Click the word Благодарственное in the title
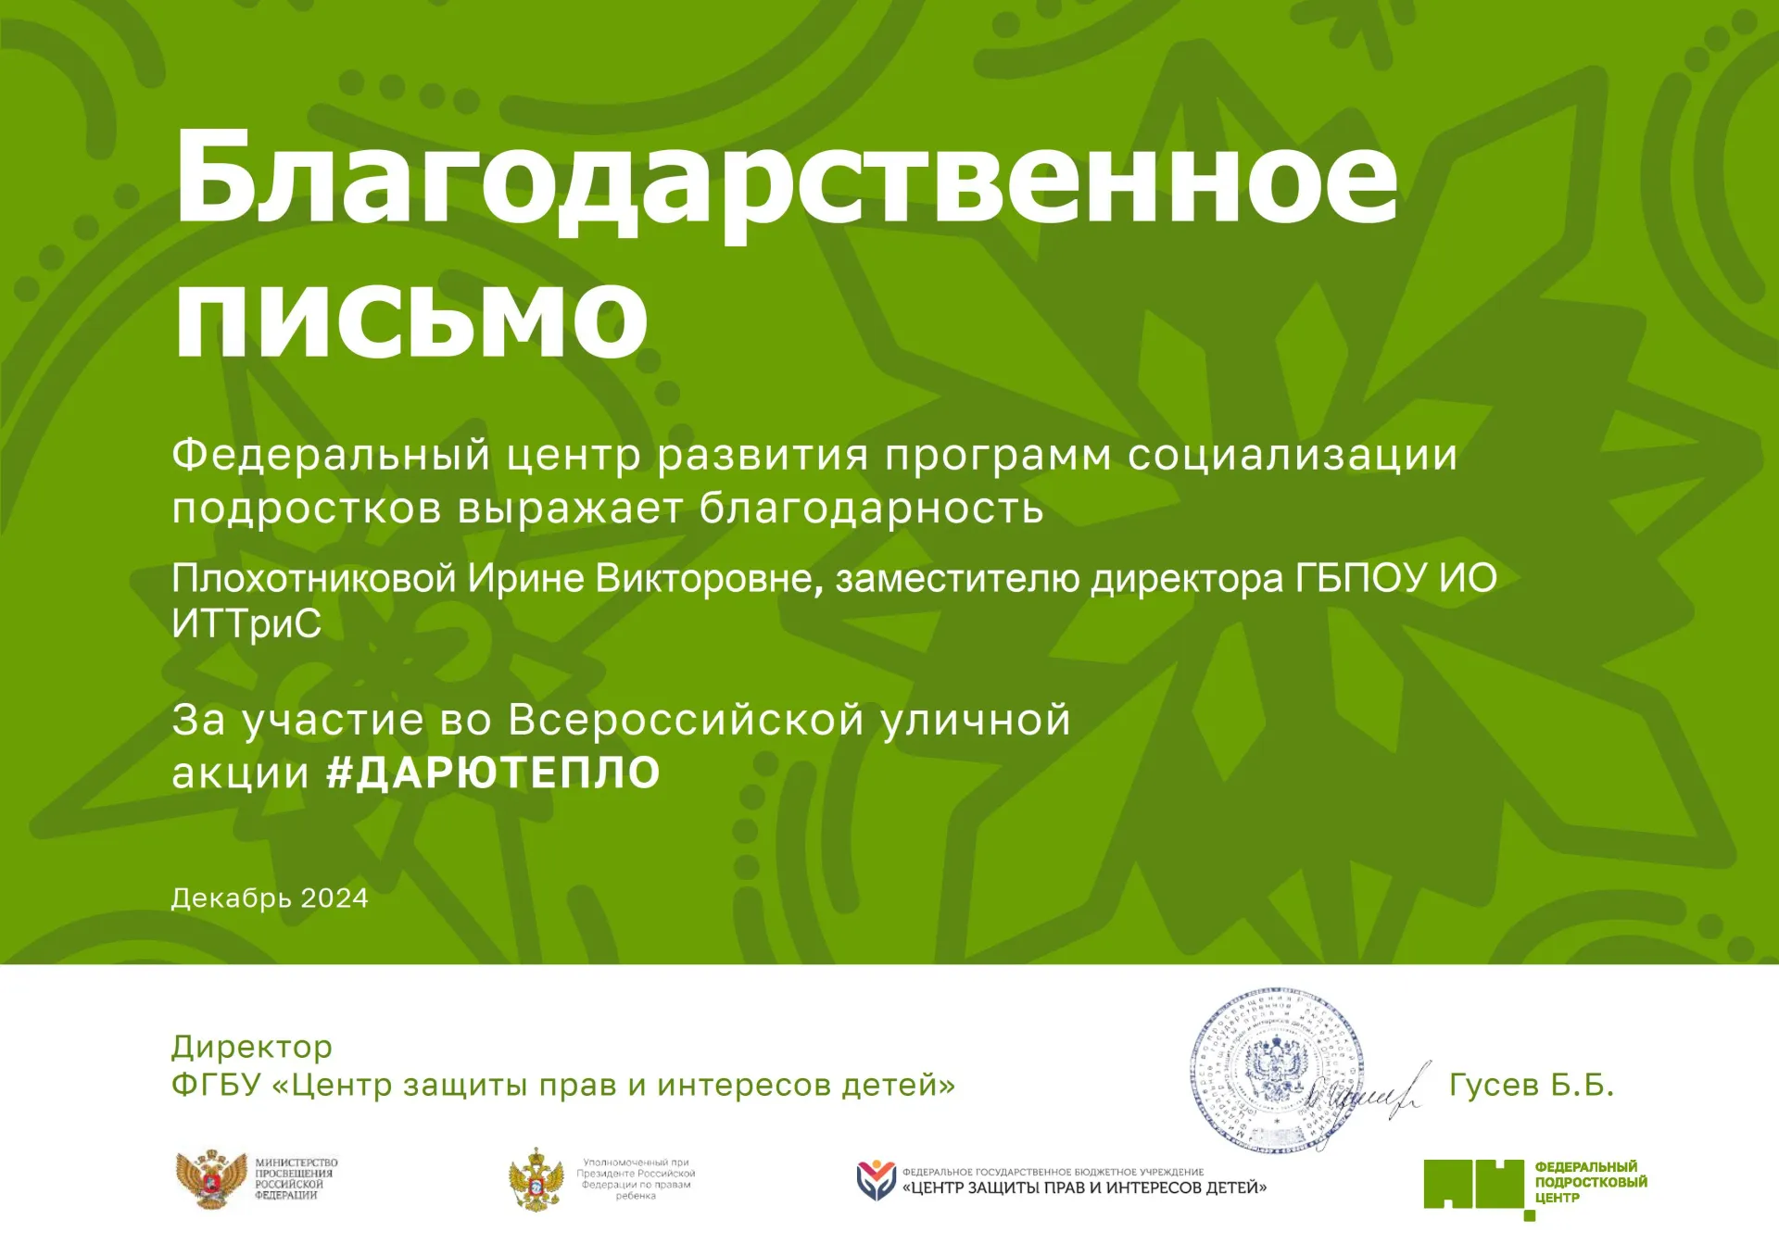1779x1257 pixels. (x=786, y=176)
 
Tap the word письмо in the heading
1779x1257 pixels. (x=410, y=315)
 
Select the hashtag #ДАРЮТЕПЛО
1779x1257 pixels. (x=493, y=773)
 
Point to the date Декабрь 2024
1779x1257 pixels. (x=270, y=898)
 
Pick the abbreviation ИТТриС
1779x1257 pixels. (x=246, y=623)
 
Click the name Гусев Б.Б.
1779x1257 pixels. (x=1531, y=1084)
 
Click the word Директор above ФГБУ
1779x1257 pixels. (x=251, y=1047)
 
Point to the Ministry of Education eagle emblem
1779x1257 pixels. (x=210, y=1179)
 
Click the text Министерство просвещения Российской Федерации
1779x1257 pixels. (x=296, y=1178)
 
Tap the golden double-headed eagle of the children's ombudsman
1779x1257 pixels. (x=536, y=1179)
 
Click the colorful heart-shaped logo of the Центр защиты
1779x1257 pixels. (x=875, y=1180)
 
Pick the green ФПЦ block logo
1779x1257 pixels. (x=1474, y=1185)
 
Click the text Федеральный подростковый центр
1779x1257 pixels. (x=1590, y=1182)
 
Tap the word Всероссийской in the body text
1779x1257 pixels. (x=686, y=720)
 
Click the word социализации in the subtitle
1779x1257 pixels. (x=1292, y=455)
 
